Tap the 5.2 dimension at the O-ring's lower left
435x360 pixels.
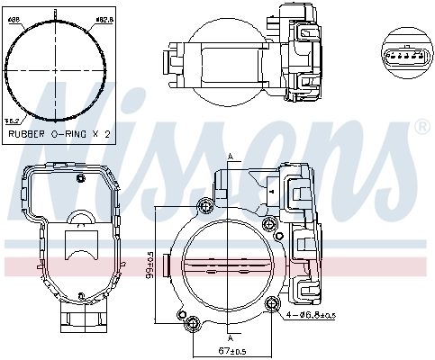click(13, 120)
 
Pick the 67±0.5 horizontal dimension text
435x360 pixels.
click(231, 350)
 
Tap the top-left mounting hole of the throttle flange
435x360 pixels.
click(206, 207)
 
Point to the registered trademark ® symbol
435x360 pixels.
click(421, 129)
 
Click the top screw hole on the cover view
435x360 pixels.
click(80, 177)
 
